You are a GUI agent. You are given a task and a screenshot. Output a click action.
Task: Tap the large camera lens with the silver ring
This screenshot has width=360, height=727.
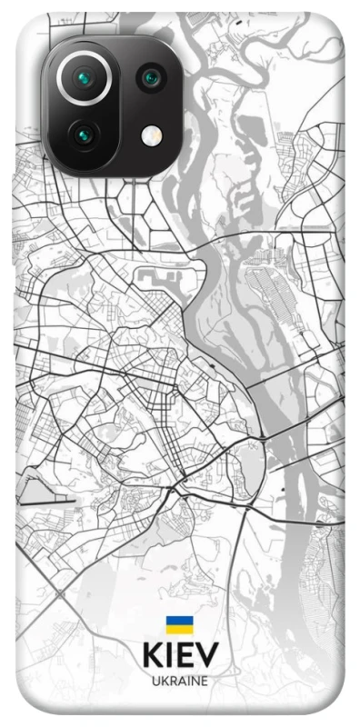tap(85, 77)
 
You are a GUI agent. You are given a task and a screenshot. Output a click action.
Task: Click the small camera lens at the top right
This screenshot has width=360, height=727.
tap(149, 78)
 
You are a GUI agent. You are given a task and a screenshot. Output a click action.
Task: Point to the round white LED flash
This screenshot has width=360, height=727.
tap(149, 136)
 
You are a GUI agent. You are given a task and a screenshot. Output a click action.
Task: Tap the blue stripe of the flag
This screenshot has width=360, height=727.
tap(179, 621)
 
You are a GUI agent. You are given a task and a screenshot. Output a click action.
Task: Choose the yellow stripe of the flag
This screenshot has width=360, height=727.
tap(179, 629)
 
